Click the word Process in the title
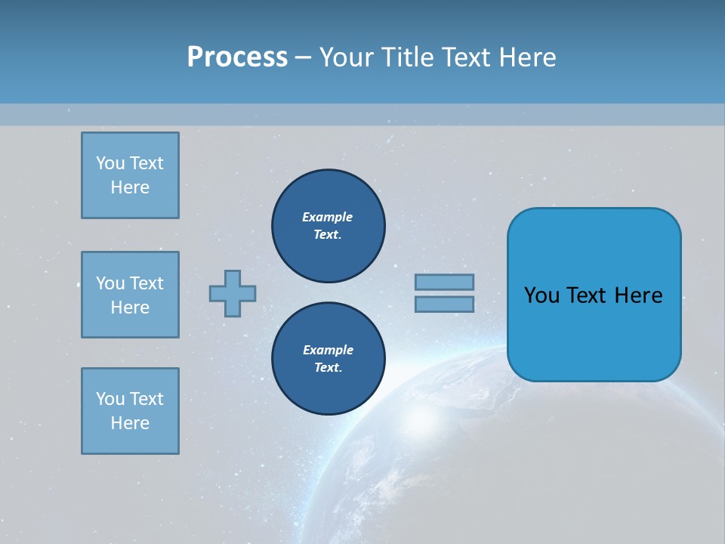pyautogui.click(x=237, y=57)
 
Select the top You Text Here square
pyautogui.click(x=130, y=175)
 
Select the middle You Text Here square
pyautogui.click(x=130, y=295)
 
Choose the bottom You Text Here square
pyautogui.click(x=130, y=411)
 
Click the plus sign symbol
pyautogui.click(x=233, y=293)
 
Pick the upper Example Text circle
pyautogui.click(x=328, y=226)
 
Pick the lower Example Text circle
pyautogui.click(x=328, y=359)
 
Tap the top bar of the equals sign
pyautogui.click(x=444, y=282)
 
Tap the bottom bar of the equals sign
pyautogui.click(x=444, y=304)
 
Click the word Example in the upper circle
pyautogui.click(x=328, y=217)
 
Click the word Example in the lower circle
pyautogui.click(x=328, y=350)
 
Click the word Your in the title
pyautogui.click(x=344, y=57)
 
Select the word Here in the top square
pyautogui.click(x=130, y=187)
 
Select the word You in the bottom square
pyautogui.click(x=110, y=399)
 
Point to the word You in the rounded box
pyautogui.click(x=541, y=295)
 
